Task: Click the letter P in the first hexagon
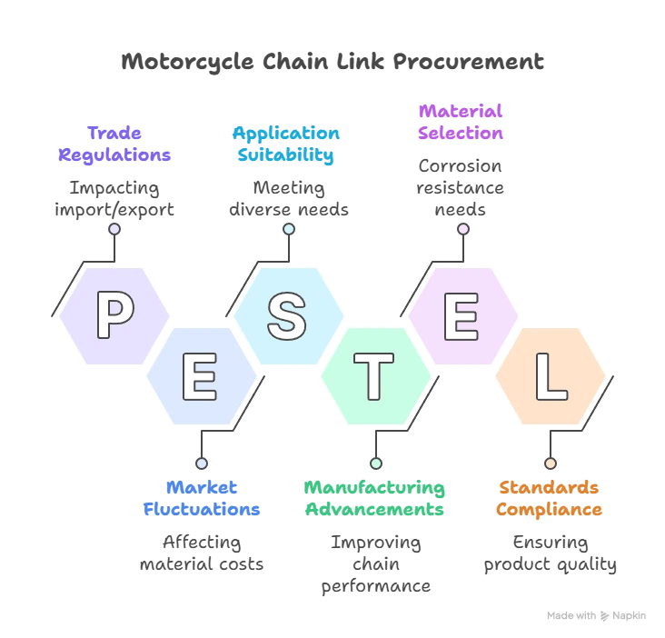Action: click(114, 314)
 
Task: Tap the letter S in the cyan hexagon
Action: click(286, 314)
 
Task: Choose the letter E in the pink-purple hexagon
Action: click(461, 314)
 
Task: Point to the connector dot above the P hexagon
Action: click(114, 229)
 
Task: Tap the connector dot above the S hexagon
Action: click(289, 229)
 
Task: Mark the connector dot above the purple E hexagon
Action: click(462, 229)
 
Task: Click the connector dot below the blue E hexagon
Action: click(202, 464)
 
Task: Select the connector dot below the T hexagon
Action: click(376, 464)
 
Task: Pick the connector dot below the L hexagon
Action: click(550, 464)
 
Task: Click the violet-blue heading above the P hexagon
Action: click(114, 144)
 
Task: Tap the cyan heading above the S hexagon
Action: click(287, 144)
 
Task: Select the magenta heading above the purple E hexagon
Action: click(461, 123)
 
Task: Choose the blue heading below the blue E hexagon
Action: click(202, 497)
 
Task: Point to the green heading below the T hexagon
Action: click(374, 497)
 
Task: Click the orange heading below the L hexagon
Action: click(550, 497)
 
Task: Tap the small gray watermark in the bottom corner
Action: click(596, 618)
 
